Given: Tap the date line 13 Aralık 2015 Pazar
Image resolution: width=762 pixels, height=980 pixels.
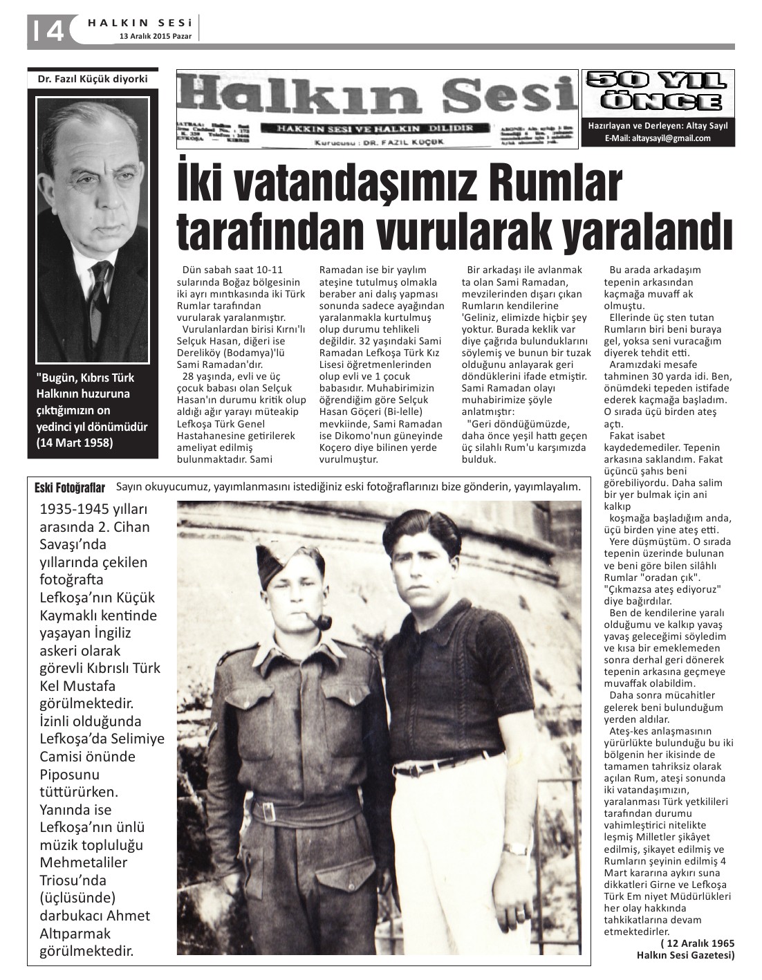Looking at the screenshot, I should pyautogui.click(x=158, y=35).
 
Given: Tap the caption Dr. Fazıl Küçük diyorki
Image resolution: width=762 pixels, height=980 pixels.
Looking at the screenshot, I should pyautogui.click(x=93, y=78).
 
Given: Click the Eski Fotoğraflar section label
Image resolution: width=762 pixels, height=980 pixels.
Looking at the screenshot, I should pyautogui.click(x=69, y=488).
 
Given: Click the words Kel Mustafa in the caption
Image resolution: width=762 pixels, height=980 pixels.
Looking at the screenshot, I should pyautogui.click(x=78, y=685).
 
